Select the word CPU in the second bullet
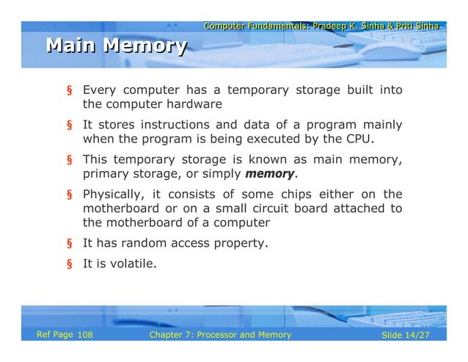(x=359, y=139)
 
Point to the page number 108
(x=85, y=336)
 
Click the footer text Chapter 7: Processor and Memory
(x=219, y=336)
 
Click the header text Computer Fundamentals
(x=255, y=26)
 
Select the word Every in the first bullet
(x=98, y=90)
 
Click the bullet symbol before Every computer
(x=71, y=91)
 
